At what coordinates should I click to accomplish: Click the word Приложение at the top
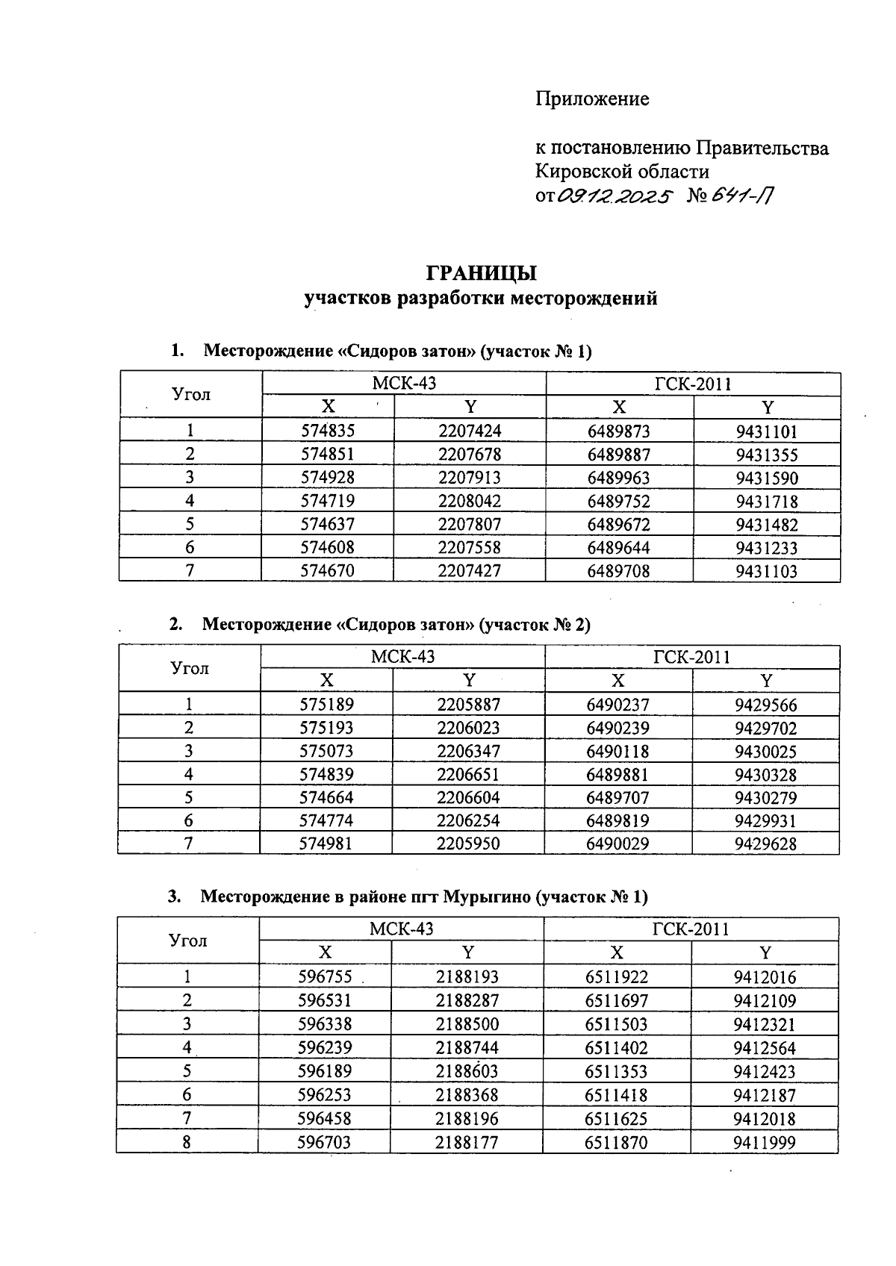[x=592, y=99]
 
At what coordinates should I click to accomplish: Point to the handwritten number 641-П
[x=742, y=196]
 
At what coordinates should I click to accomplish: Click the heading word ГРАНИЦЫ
[x=481, y=272]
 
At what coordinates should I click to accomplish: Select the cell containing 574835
[x=328, y=431]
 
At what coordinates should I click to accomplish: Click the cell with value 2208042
[x=470, y=501]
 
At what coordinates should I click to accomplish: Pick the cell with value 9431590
[x=766, y=478]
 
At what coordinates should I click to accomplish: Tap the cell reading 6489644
[x=618, y=548]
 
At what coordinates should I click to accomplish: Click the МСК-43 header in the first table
[x=403, y=384]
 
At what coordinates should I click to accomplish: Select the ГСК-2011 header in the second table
[x=691, y=657]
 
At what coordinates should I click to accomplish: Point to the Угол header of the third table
[x=188, y=941]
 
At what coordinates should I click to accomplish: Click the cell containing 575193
[x=326, y=728]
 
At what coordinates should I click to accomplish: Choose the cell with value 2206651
[x=468, y=774]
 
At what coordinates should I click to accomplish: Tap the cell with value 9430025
[x=765, y=751]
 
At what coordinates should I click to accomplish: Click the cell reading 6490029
[x=617, y=844]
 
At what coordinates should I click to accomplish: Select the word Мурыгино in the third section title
[x=487, y=897]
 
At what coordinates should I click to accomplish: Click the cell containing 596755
[x=325, y=976]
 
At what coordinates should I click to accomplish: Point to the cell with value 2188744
[x=467, y=1047]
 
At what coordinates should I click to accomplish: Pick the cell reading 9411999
[x=765, y=1142]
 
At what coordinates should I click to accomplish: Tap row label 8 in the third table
[x=187, y=1142]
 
